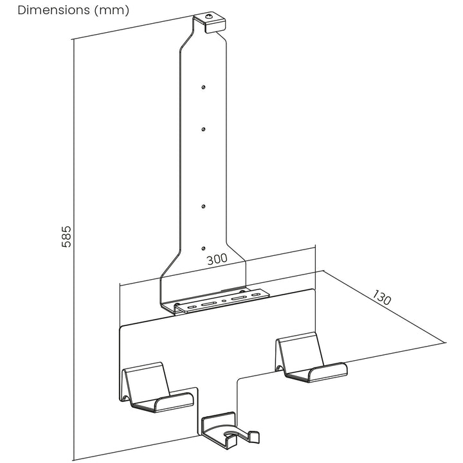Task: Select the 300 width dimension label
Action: point(217,260)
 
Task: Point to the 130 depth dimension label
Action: point(381,298)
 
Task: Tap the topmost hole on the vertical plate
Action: point(203,86)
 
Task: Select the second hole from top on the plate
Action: point(203,129)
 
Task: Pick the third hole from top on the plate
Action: point(203,206)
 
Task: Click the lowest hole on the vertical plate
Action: point(203,248)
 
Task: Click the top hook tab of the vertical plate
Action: point(211,22)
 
